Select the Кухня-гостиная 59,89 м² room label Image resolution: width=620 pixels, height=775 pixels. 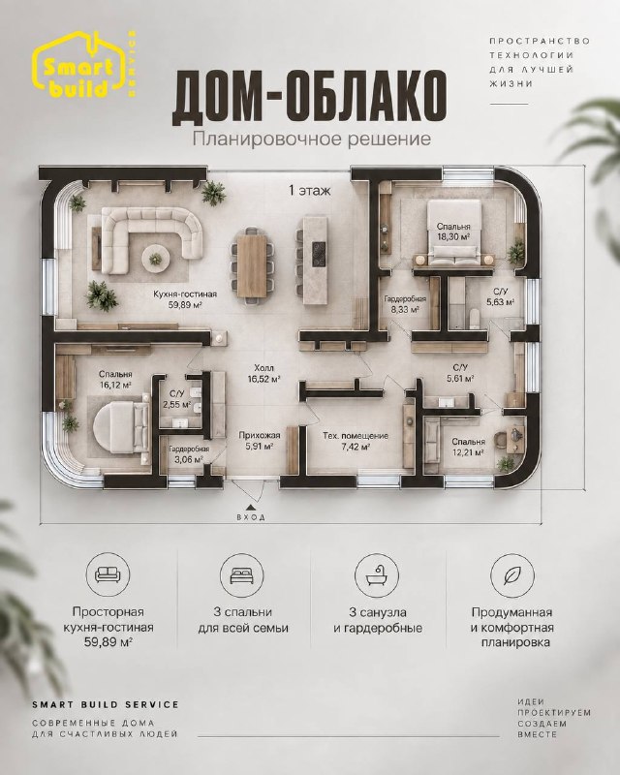click(x=185, y=299)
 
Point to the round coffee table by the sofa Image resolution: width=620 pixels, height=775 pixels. click(x=156, y=258)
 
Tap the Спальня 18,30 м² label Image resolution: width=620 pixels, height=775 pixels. click(x=453, y=232)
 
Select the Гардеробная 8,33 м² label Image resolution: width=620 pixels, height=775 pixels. click(x=406, y=304)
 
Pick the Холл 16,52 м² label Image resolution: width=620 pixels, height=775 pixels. click(x=263, y=374)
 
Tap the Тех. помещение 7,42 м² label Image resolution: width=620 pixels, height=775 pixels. click(x=355, y=442)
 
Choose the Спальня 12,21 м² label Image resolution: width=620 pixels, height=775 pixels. click(x=468, y=447)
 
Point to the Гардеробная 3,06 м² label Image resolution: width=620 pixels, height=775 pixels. click(x=189, y=454)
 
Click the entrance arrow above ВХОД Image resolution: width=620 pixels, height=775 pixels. click(x=251, y=507)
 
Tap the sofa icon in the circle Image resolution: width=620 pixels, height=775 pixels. click(x=108, y=574)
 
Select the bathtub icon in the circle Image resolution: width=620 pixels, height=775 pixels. click(x=377, y=574)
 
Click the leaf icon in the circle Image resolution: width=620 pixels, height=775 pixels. click(x=511, y=574)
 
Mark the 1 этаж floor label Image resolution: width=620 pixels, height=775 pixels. click(x=309, y=191)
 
